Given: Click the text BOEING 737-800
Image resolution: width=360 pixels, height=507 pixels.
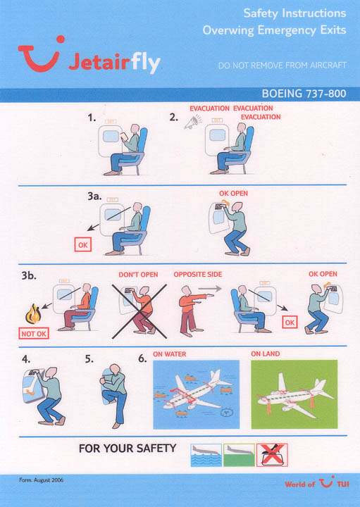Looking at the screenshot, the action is pyautogui.click(x=304, y=94).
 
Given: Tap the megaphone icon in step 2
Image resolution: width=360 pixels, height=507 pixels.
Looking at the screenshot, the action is pyautogui.click(x=193, y=123).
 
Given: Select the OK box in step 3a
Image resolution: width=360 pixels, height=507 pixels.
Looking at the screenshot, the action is pyautogui.click(x=83, y=245).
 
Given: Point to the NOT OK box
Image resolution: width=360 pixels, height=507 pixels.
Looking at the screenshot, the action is pyautogui.click(x=34, y=333).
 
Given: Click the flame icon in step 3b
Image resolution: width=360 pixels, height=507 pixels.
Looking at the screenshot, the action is pyautogui.click(x=33, y=314).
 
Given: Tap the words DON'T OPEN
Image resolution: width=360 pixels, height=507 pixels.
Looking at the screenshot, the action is pyautogui.click(x=138, y=275).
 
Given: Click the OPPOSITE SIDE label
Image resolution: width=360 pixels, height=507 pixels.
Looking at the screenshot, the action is pyautogui.click(x=198, y=275).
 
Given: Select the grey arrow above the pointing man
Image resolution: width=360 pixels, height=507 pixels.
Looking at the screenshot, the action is pyautogui.click(x=210, y=288).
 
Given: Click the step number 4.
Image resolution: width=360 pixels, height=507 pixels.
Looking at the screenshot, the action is pyautogui.click(x=26, y=359).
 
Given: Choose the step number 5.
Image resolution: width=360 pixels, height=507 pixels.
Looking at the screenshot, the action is pyautogui.click(x=89, y=359).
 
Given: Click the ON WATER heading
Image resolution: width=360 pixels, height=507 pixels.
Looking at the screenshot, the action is pyautogui.click(x=170, y=354).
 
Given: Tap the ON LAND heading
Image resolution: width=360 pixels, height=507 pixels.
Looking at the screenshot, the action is pyautogui.click(x=265, y=353).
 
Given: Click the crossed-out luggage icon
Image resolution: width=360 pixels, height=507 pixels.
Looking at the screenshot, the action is pyautogui.click(x=272, y=455).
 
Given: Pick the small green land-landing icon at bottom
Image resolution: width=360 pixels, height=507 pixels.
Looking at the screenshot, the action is pyautogui.click(x=239, y=455).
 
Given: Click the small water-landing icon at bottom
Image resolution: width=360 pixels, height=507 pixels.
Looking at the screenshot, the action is pyautogui.click(x=206, y=455).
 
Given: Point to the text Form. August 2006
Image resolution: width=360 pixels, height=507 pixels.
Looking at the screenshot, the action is pyautogui.click(x=41, y=480).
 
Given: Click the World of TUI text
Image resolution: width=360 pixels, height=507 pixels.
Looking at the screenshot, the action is pyautogui.click(x=317, y=482).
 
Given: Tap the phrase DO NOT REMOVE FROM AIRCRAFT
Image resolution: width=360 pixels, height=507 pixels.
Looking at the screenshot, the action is pyautogui.click(x=283, y=65).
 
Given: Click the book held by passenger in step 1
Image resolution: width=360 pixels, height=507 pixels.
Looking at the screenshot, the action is pyautogui.click(x=124, y=137).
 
